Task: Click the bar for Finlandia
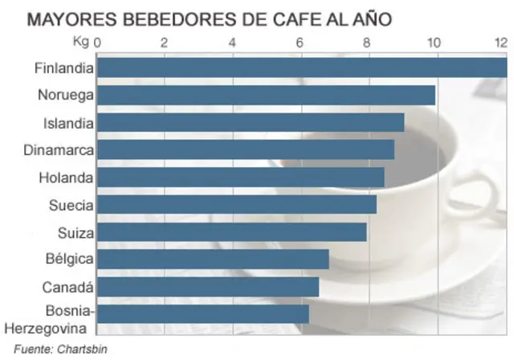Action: tap(301, 68)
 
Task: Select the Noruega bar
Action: tap(266, 96)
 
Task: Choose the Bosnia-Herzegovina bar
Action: tap(202, 314)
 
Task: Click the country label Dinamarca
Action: tap(59, 150)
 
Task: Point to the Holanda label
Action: tap(66, 178)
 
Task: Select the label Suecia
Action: tap(71, 205)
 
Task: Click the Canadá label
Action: tap(69, 287)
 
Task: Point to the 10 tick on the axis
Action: tap(434, 43)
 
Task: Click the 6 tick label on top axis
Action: tap(300, 43)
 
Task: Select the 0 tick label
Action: tap(98, 43)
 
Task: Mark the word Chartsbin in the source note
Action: tap(81, 349)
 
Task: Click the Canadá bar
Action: tap(208, 287)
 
